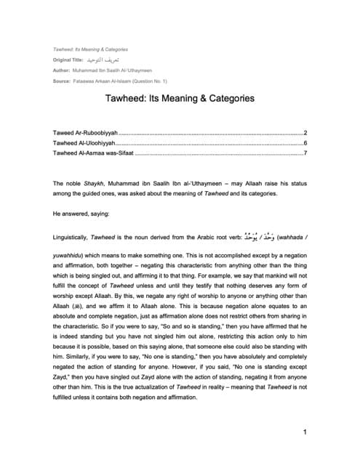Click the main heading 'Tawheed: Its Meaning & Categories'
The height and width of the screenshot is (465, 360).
(180, 97)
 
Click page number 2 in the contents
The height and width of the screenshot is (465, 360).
(305, 133)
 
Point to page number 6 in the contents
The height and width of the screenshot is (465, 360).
(305, 143)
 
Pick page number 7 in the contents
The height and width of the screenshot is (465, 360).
(305, 153)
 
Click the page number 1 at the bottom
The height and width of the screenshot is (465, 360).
(305, 433)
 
